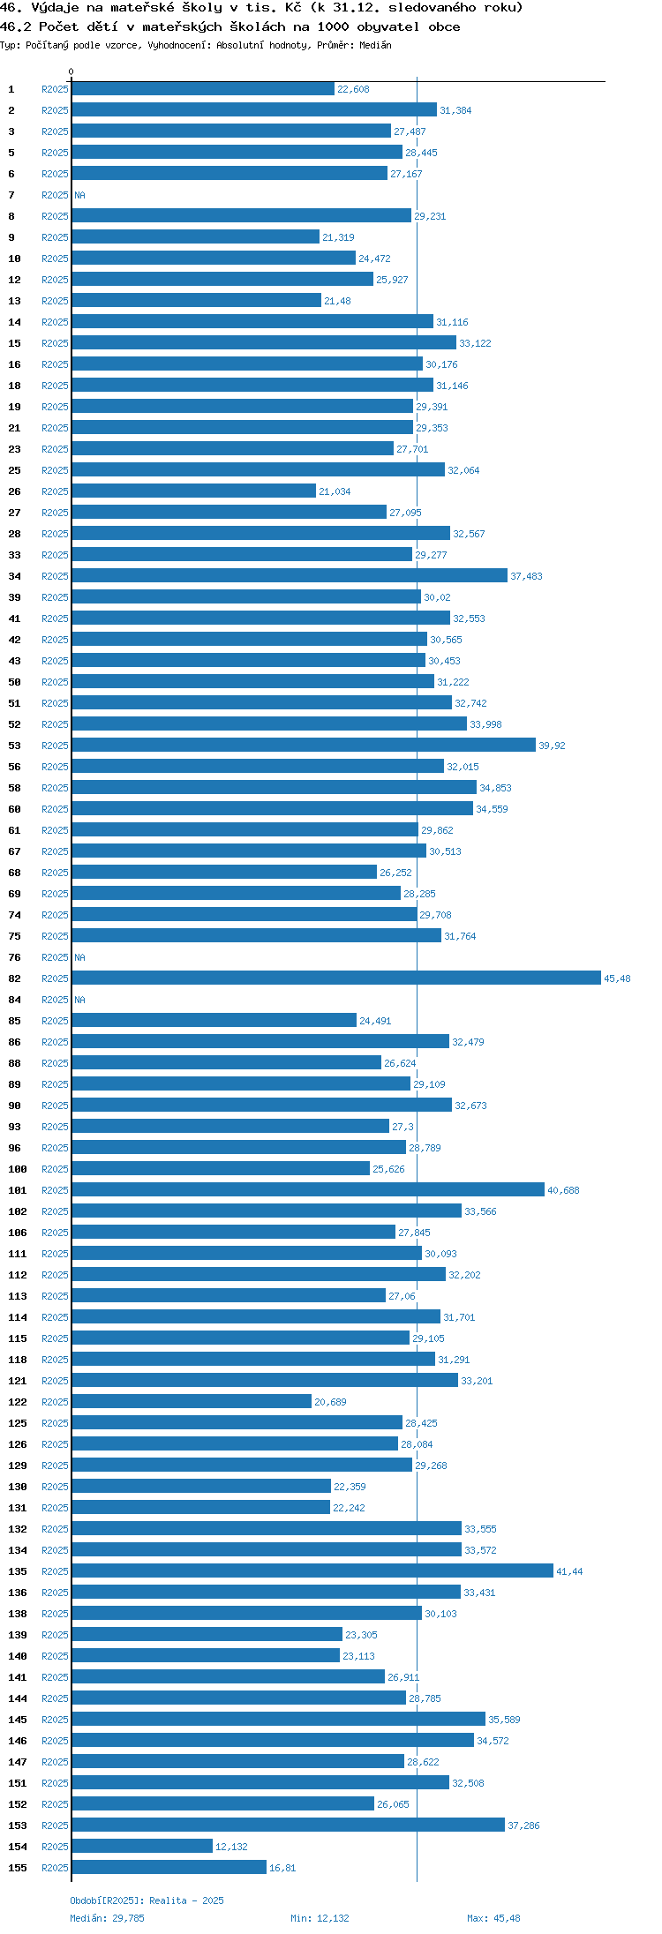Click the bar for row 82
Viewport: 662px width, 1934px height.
pyautogui.click(x=336, y=978)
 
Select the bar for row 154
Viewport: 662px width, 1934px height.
pyautogui.click(x=142, y=1846)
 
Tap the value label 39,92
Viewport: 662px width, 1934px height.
pyautogui.click(x=552, y=746)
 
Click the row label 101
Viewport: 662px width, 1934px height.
pyautogui.click(x=18, y=1190)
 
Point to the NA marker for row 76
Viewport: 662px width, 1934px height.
pyautogui.click(x=79, y=957)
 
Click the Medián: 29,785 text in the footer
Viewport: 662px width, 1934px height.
pyautogui.click(x=107, y=1918)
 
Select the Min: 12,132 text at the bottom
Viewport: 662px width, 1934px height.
pyautogui.click(x=320, y=1918)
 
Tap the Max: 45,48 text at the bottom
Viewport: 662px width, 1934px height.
pyautogui.click(x=493, y=1918)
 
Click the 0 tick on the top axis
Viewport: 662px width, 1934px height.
pyautogui.click(x=71, y=71)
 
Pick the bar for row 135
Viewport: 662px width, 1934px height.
pyautogui.click(x=312, y=1570)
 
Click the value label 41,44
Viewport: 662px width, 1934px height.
pyautogui.click(x=569, y=1571)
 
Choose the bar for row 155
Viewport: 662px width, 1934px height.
pyautogui.click(x=169, y=1867)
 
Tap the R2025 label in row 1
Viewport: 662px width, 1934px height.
pyautogui.click(x=55, y=89)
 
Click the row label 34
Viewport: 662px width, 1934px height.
pyautogui.click(x=15, y=576)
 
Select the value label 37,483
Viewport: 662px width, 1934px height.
pyautogui.click(x=526, y=576)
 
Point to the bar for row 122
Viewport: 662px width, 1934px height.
pyautogui.click(x=192, y=1401)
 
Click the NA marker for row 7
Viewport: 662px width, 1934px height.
pyautogui.click(x=79, y=195)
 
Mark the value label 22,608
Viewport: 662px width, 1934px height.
pyautogui.click(x=353, y=89)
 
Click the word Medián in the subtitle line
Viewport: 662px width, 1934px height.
pyautogui.click(x=374, y=45)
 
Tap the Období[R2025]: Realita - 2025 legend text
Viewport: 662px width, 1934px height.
pyautogui.click(x=147, y=1900)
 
